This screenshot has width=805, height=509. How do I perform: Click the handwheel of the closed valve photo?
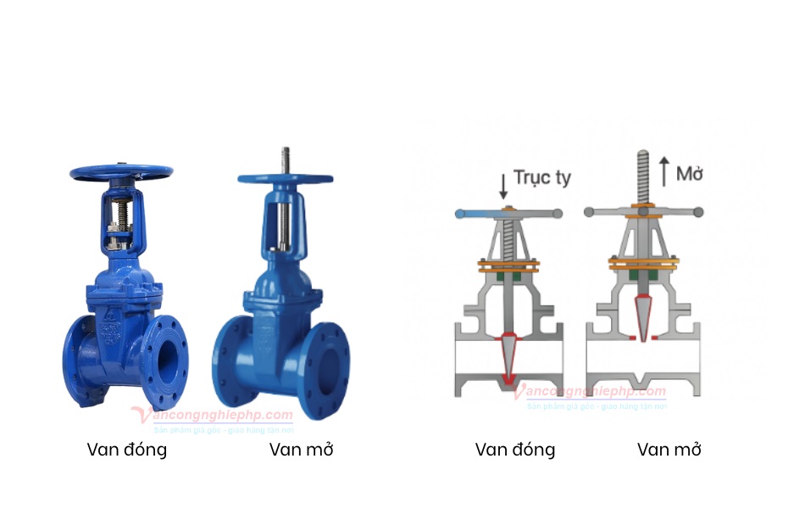[121, 171]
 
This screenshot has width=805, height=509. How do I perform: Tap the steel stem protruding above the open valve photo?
[286, 159]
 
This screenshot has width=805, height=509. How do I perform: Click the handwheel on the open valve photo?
[285, 179]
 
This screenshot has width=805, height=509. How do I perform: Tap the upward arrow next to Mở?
[663, 171]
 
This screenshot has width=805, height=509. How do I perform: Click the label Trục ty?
[542, 178]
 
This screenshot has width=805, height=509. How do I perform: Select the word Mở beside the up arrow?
[690, 175]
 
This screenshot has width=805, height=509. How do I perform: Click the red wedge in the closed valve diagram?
[508, 356]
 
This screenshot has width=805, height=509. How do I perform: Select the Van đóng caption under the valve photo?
[127, 450]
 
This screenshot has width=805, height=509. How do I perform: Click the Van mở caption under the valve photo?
[302, 450]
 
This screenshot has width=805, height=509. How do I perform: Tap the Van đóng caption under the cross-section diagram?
[515, 450]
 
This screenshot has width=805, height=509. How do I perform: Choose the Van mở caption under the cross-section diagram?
[669, 450]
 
